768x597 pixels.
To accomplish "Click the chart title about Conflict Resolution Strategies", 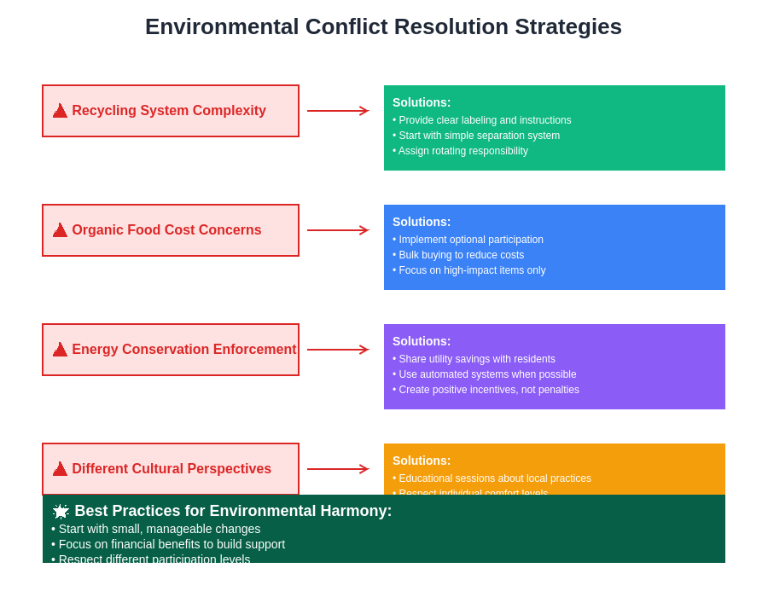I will click(x=383, y=27).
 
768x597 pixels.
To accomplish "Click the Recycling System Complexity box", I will click(x=171, y=111).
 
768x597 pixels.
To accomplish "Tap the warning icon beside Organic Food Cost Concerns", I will click(x=60, y=230).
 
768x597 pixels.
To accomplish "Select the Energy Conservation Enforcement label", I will click(x=183, y=350).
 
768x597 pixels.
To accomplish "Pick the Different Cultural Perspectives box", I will click(x=171, y=468).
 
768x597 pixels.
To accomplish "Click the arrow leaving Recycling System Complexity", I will click(x=338, y=111).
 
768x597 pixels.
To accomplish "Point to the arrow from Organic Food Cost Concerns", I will click(x=338, y=230).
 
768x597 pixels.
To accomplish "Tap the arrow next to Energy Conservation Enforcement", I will click(x=338, y=350).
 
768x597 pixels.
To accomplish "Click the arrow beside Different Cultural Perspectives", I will click(x=338, y=469).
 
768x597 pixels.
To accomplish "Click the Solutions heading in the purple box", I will click(x=422, y=341).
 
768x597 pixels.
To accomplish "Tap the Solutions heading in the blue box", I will click(x=422, y=222).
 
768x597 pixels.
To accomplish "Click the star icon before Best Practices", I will click(x=61, y=511).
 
